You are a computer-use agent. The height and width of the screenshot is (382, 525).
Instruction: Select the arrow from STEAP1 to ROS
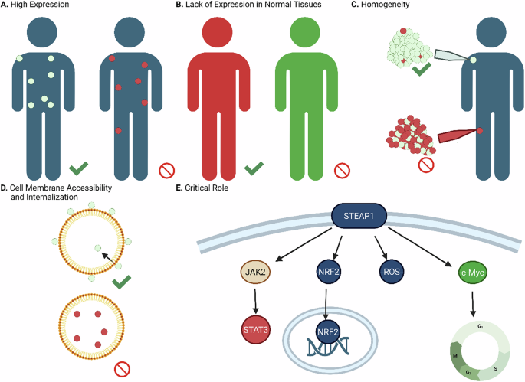point(378,247)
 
